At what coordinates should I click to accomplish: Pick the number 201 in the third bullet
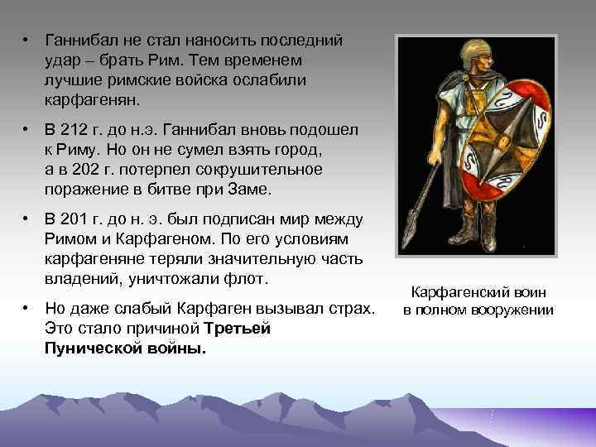point(77,219)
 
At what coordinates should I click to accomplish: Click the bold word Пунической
point(89,348)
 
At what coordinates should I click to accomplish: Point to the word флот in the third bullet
point(251,279)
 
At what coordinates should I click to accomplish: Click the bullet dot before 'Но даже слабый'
point(27,309)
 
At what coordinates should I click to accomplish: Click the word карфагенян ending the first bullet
point(93,99)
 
